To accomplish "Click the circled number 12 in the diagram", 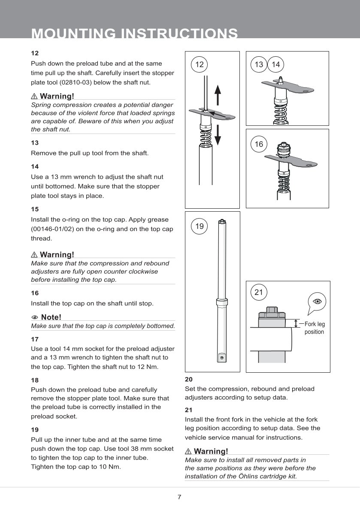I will (x=199, y=64).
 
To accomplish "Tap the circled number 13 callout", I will (x=259, y=64).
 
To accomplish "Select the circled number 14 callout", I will (x=276, y=64).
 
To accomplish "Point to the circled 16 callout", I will (x=259, y=144).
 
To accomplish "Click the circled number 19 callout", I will (x=199, y=226).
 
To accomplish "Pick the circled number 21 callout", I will (x=259, y=292).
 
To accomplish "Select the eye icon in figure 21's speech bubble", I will (x=318, y=301).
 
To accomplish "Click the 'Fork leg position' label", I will (x=315, y=328).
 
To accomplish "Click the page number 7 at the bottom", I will (x=179, y=497).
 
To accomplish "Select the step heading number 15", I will (x=35, y=209).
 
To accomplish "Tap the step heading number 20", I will (x=188, y=379).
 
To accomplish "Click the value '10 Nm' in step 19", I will (x=109, y=467).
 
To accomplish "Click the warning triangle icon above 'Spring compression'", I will (x=34, y=95).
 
